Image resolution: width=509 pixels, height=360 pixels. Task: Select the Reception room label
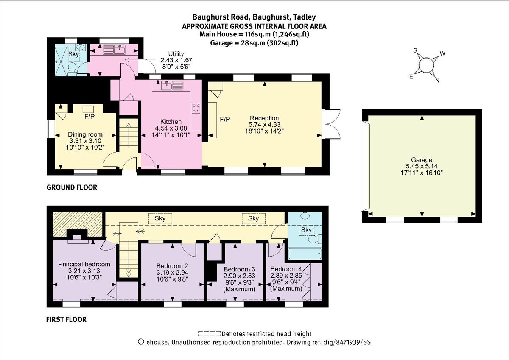point(264,118)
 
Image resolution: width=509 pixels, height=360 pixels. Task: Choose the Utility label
point(176,54)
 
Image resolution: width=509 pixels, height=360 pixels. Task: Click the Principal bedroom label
point(84,264)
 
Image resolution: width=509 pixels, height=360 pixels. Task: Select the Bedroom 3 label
point(239,269)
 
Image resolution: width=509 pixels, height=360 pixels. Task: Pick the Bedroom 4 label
point(286,269)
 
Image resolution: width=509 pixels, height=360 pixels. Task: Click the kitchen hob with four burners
point(196,108)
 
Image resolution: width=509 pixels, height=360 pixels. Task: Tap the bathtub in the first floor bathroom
point(305,254)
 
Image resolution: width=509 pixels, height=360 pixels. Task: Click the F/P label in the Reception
point(225,120)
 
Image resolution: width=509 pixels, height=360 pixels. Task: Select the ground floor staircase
point(128,136)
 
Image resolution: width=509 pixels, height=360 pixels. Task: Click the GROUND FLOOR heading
point(71,187)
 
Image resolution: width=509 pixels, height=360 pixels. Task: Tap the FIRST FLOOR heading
point(66,319)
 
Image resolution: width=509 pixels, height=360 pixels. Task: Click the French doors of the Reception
point(331,124)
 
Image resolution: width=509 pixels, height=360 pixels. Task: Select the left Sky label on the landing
point(160,218)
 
